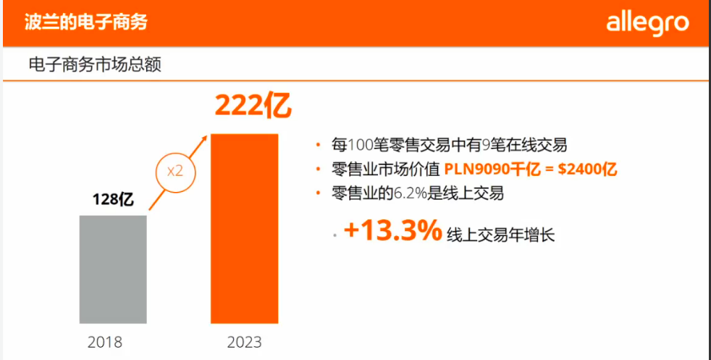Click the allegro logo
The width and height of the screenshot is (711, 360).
pyautogui.click(x=647, y=22)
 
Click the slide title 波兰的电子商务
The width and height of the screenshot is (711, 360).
pyautogui.click(x=86, y=22)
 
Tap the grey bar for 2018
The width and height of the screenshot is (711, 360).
pyautogui.click(x=113, y=269)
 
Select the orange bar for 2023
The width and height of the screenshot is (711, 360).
pyautogui.click(x=245, y=228)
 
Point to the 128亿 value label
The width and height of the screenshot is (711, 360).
pyautogui.click(x=114, y=199)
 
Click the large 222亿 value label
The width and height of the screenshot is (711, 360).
pyautogui.click(x=253, y=106)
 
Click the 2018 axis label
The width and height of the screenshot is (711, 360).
pyautogui.click(x=105, y=342)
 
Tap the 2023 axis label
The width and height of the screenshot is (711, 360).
pyautogui.click(x=244, y=342)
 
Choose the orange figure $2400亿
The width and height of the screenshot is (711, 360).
pyautogui.click(x=591, y=169)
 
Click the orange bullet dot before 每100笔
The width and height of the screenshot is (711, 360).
pyautogui.click(x=318, y=143)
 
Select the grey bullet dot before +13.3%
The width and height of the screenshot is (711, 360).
pyautogui.click(x=334, y=236)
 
